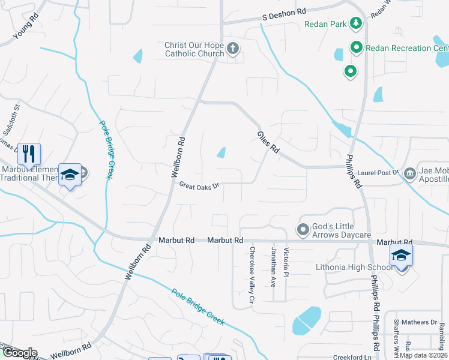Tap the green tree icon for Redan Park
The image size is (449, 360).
[x=357, y=23]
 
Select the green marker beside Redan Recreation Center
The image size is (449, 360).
[x=356, y=47]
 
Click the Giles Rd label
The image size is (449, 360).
[x=268, y=142]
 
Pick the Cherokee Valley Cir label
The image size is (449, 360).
[x=253, y=275]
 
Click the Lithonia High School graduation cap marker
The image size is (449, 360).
[x=401, y=254]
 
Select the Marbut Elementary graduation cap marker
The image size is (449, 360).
[x=70, y=174]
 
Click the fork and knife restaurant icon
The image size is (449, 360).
[x=28, y=154]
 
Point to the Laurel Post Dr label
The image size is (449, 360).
[x=378, y=173]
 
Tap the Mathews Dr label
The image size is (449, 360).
[x=421, y=322]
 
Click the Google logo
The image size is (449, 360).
[x=19, y=353]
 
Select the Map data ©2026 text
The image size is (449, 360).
[x=424, y=355]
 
